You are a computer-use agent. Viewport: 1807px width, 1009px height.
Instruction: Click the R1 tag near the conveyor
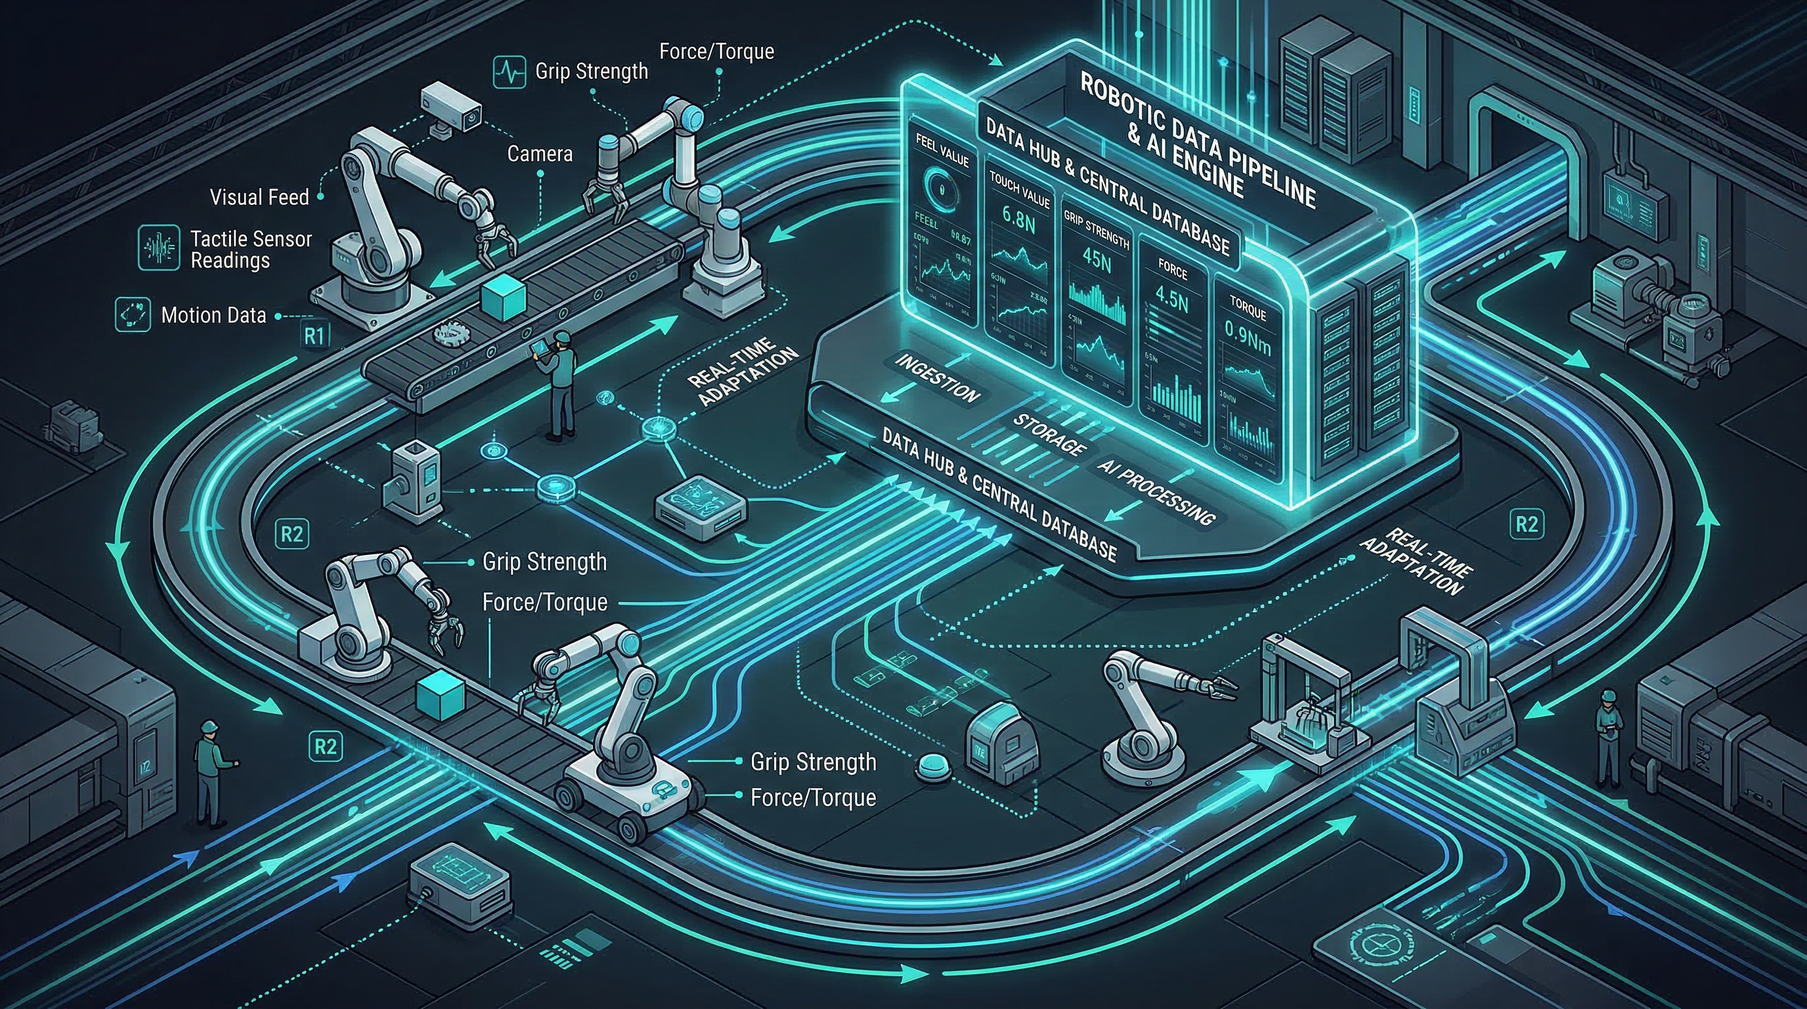pos(315,336)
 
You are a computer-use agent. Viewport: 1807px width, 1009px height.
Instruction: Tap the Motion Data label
pos(213,315)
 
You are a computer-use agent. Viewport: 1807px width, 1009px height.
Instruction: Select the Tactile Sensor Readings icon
pos(158,248)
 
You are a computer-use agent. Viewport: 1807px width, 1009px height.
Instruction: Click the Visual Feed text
pos(259,197)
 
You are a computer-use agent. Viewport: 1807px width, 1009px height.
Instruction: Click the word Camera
pos(540,154)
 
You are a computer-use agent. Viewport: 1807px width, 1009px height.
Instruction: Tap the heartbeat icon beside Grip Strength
pos(510,72)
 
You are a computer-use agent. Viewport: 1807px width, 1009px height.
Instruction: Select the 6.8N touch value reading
pos(1018,217)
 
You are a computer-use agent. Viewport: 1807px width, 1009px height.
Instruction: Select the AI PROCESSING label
pos(1156,492)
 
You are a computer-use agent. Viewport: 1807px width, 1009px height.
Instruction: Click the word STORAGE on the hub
pos(1048,434)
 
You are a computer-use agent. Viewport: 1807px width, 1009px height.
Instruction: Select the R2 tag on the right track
pos(1527,524)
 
